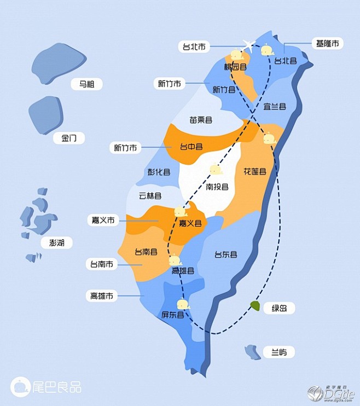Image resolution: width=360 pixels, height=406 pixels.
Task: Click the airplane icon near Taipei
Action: point(249,45)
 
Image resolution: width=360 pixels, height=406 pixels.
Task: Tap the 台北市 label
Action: point(194,47)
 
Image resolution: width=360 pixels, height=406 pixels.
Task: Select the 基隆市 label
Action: point(327,43)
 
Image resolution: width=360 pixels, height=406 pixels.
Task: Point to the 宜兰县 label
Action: point(275,106)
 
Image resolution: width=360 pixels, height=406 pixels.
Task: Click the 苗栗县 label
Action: point(201,119)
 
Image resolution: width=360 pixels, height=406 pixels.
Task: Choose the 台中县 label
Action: point(191,147)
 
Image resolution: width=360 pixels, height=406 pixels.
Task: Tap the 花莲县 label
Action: point(254,171)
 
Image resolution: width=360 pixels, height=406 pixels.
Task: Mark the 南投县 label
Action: point(217,187)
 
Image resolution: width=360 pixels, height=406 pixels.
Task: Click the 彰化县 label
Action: point(159,171)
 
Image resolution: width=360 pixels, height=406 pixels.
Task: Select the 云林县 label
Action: point(150,195)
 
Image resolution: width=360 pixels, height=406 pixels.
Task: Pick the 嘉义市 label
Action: point(103,221)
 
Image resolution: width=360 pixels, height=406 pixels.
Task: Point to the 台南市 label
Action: point(102,264)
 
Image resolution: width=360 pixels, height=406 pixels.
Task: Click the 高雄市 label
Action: point(102,296)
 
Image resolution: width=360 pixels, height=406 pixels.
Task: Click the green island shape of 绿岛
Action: point(254,305)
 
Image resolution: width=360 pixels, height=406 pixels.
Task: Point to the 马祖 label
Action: point(86,84)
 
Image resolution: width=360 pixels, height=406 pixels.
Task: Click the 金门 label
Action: point(69,138)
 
